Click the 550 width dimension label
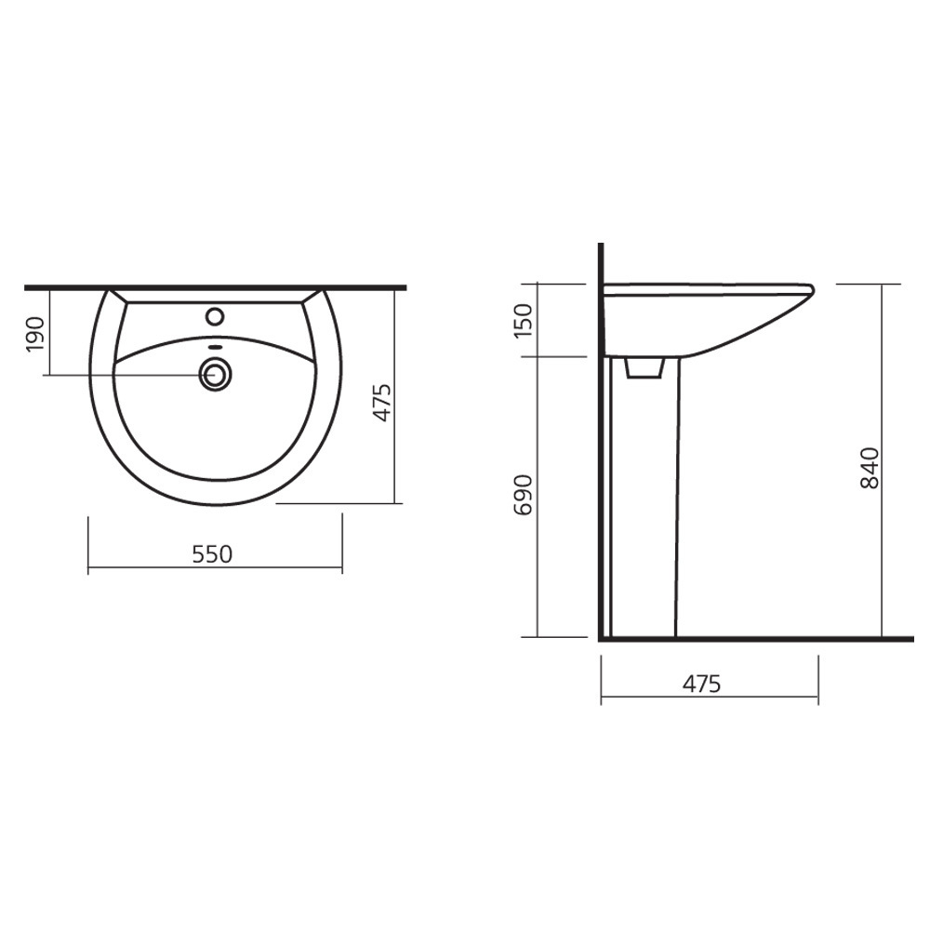pyautogui.click(x=212, y=554)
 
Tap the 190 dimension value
pyautogui.click(x=36, y=334)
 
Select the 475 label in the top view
pyautogui.click(x=382, y=403)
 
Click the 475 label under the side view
pyautogui.click(x=701, y=684)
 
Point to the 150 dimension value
pyautogui.click(x=524, y=320)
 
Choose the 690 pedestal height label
pyautogui.click(x=524, y=495)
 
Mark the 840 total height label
pyautogui.click(x=870, y=468)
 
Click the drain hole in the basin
pyautogui.click(x=216, y=374)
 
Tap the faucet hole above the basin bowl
pyautogui.click(x=215, y=316)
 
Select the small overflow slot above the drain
pyautogui.click(x=216, y=348)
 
